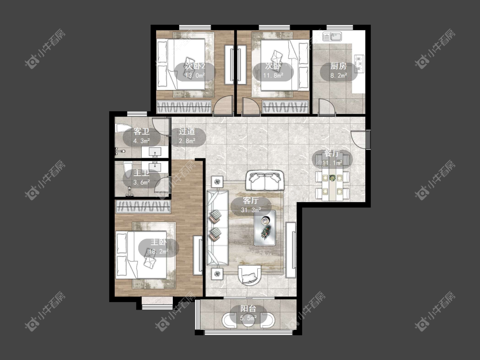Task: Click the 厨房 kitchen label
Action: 338,66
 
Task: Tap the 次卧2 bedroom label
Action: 195,66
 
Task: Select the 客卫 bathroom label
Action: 141,132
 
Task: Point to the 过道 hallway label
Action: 187,132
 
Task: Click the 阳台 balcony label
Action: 248,309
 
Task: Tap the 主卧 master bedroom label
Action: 159,242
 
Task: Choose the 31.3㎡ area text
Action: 251,210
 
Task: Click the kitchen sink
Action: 332,37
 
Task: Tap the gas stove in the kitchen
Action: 359,64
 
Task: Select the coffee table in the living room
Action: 265,228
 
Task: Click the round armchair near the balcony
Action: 250,275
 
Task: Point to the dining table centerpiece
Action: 332,177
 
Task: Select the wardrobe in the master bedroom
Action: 143,206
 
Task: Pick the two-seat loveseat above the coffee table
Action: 265,180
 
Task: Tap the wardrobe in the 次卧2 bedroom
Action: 184,107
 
